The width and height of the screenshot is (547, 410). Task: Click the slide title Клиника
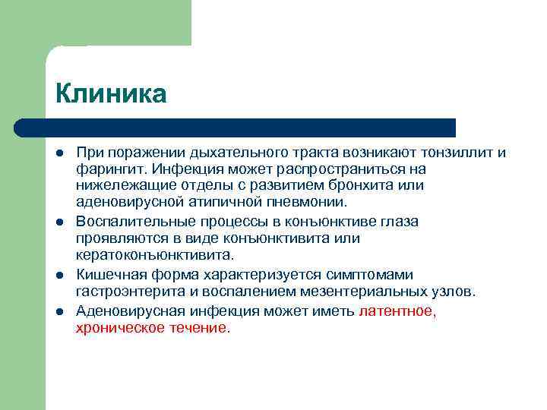pyautogui.click(x=110, y=94)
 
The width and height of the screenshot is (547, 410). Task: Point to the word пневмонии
pyautogui.click(x=307, y=202)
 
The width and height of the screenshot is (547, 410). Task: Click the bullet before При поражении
pyautogui.click(x=58, y=153)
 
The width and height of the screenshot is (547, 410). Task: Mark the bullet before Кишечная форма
pyautogui.click(x=58, y=274)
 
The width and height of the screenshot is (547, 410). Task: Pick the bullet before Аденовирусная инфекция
pyautogui.click(x=58, y=311)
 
